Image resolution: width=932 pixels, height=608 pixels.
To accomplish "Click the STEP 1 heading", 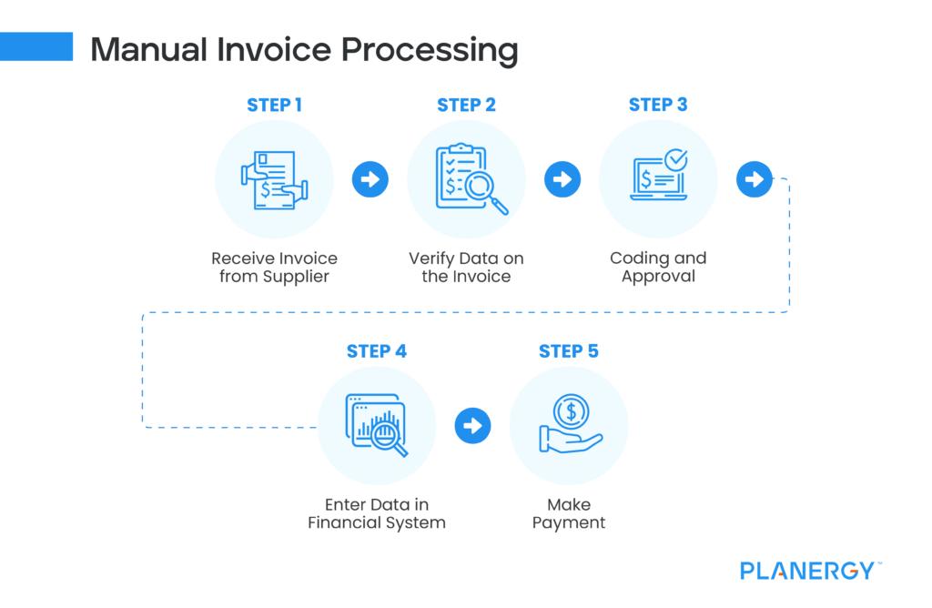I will tap(274, 105).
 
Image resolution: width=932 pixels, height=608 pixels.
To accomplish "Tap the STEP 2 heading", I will tap(466, 105).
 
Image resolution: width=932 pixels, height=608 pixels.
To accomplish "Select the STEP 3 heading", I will tap(658, 105).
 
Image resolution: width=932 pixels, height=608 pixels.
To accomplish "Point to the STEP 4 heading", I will tap(377, 351).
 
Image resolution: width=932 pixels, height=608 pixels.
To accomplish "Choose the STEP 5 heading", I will tap(569, 351).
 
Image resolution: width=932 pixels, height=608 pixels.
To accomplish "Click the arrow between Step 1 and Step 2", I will tap(370, 179).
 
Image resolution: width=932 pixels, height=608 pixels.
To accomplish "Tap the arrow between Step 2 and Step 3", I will tap(562, 179).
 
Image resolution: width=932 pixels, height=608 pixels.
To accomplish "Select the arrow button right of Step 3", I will tap(754, 179).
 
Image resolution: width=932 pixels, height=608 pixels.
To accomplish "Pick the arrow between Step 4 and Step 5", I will tap(472, 425).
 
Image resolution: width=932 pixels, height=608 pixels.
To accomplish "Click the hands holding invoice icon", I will tap(274, 179).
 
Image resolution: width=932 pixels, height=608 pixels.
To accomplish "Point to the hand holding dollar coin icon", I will tap(569, 425).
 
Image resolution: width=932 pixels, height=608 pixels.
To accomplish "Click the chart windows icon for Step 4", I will tap(376, 425).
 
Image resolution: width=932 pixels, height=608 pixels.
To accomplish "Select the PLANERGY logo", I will tap(807, 571).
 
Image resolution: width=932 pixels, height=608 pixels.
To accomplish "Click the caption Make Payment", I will tap(569, 513).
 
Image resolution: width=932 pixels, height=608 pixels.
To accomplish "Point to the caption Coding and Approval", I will tap(658, 267).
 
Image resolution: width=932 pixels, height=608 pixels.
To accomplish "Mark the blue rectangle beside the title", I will tap(36, 46).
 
